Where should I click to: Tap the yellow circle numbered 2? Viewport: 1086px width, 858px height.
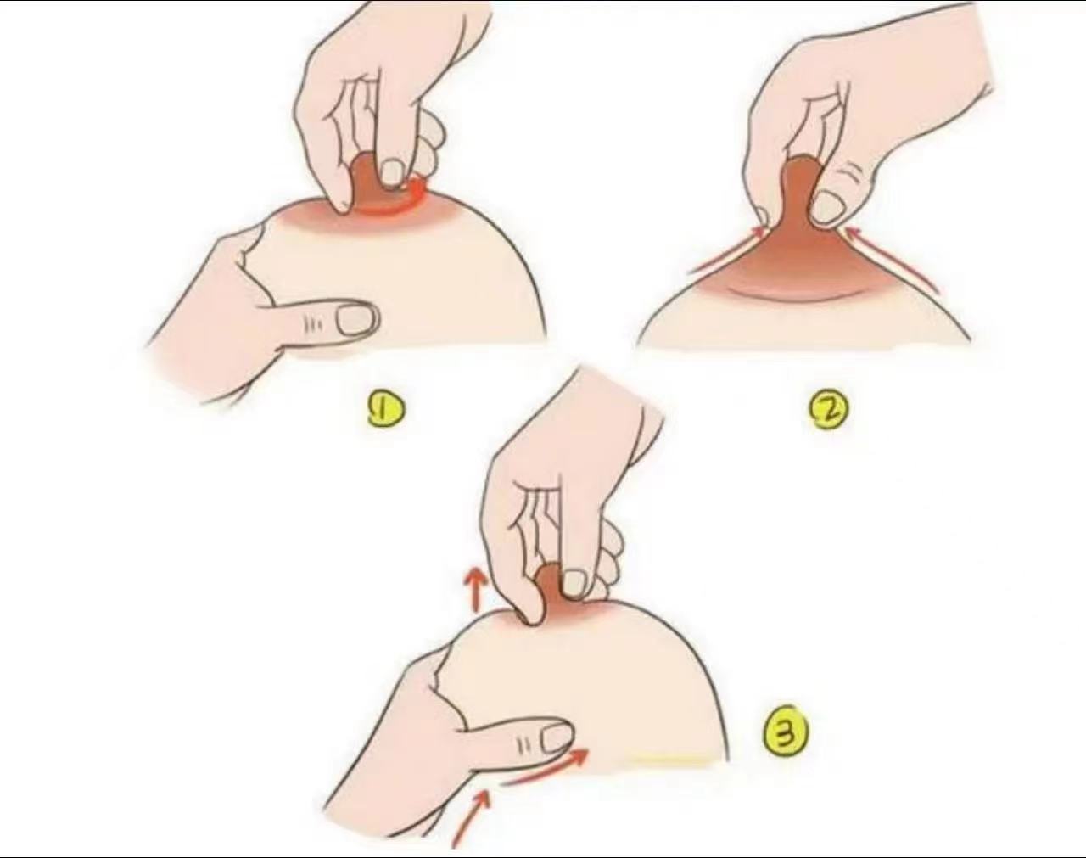(x=829, y=413)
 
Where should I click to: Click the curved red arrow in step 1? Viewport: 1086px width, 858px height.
(x=394, y=206)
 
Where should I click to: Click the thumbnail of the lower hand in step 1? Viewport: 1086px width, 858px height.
(x=357, y=318)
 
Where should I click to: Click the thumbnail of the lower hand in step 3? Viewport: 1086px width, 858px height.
(x=557, y=737)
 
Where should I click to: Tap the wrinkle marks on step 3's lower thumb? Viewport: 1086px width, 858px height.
(x=523, y=743)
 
